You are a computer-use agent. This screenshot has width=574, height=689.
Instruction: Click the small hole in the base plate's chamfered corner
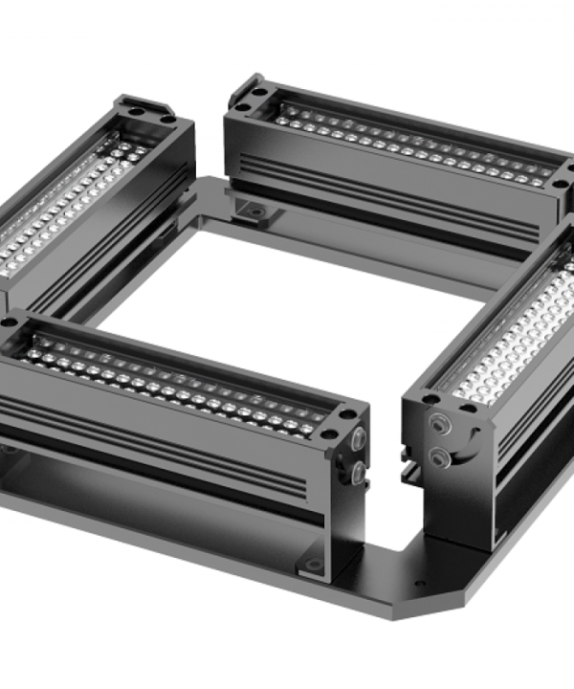[x=418, y=583]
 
